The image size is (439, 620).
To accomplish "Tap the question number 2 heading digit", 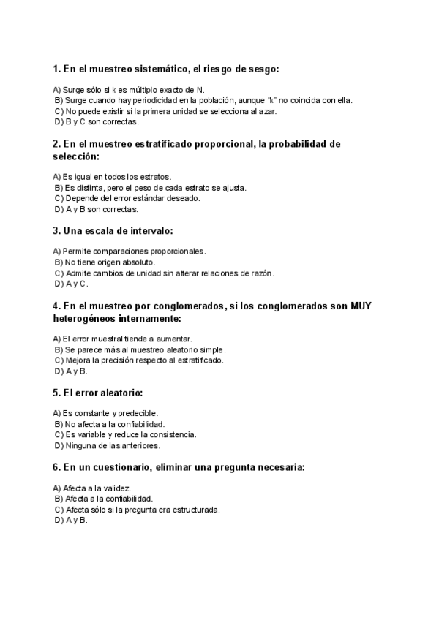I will pyautogui.click(x=56, y=144).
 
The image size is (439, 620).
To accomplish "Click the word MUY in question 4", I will pyautogui.click(x=361, y=306).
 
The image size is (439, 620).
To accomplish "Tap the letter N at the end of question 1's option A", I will pyautogui.click(x=190, y=90).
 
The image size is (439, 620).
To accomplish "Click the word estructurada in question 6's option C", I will pyautogui.click(x=195, y=509).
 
